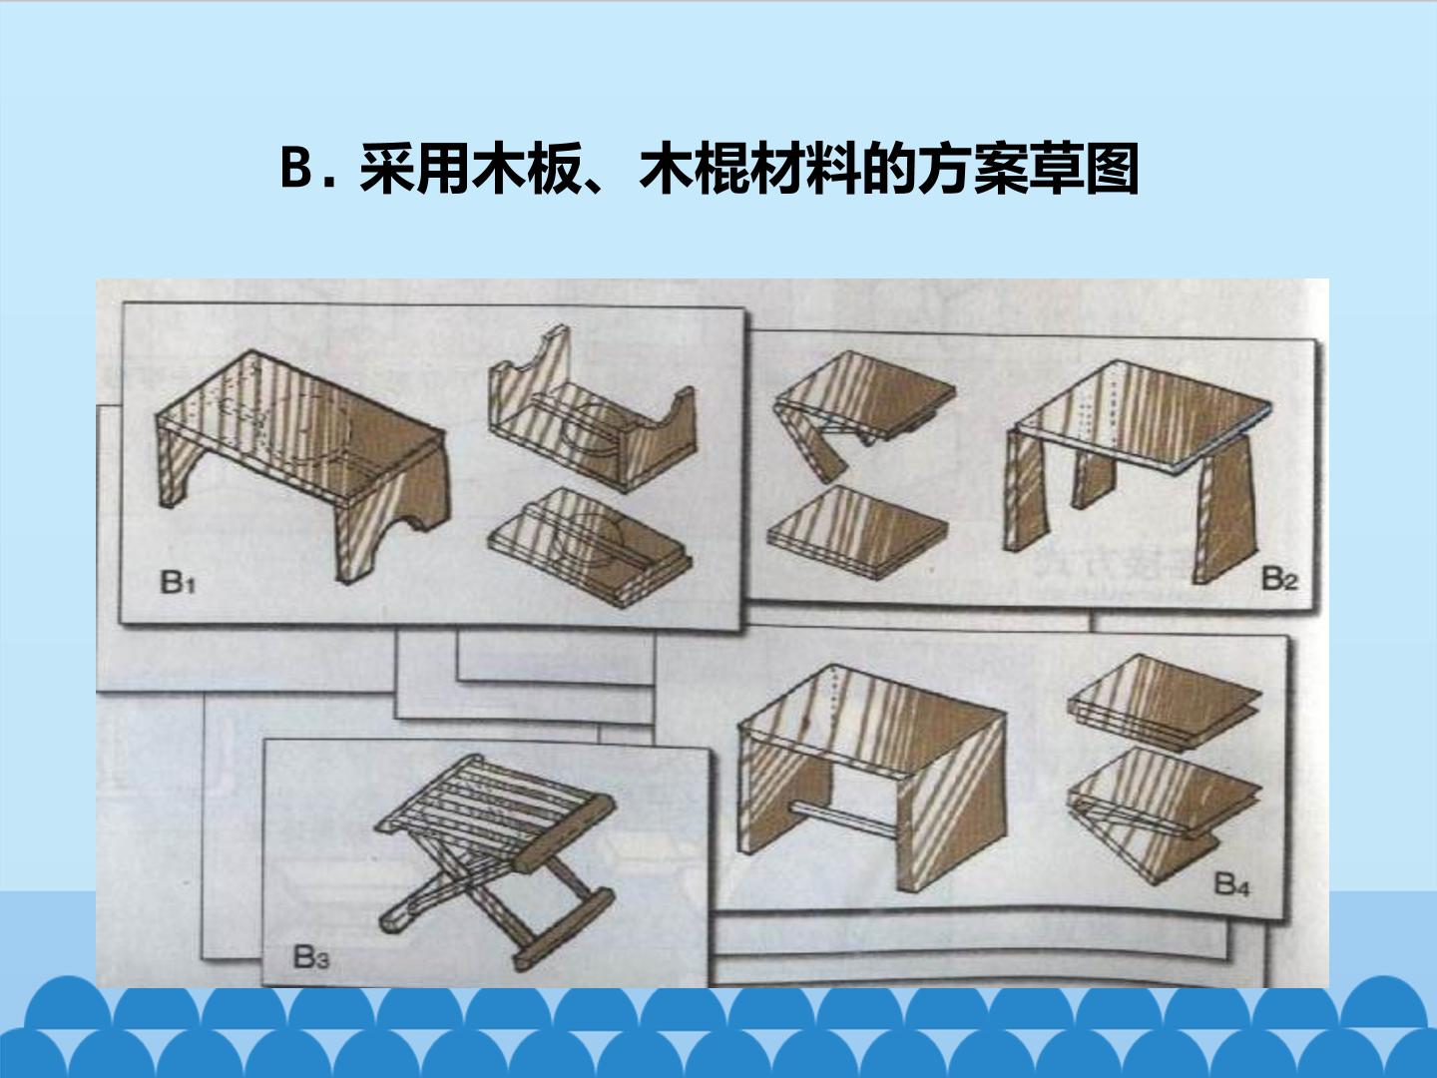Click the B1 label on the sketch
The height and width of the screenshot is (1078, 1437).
pos(178,583)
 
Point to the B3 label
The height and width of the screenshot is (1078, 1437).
pos(311,957)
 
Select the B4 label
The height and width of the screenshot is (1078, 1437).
pos(1231,884)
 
